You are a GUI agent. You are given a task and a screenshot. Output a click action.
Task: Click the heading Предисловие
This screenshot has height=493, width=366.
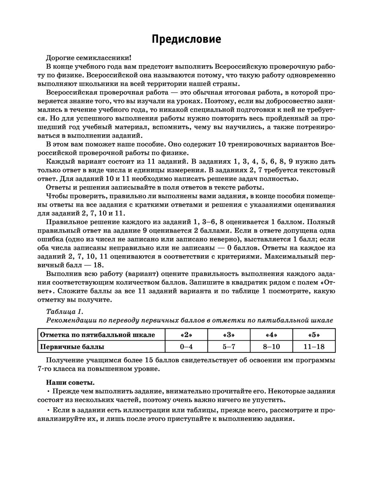[x=186, y=39]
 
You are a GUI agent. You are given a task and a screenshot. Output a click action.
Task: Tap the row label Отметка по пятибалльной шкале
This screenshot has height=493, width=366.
[x=97, y=335]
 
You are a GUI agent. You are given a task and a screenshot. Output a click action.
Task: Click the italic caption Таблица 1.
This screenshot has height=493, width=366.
[x=65, y=311]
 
